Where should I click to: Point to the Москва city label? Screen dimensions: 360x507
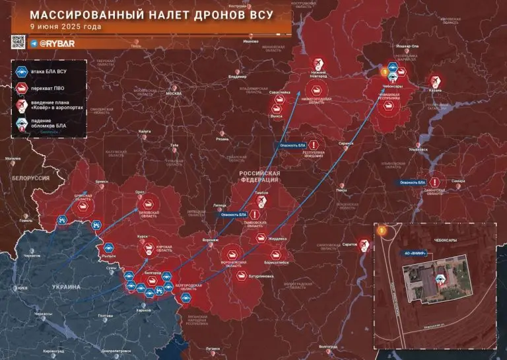174,93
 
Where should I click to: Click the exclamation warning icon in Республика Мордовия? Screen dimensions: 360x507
314,145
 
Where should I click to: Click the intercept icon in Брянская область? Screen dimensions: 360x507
83,205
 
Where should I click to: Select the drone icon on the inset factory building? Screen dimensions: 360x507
439,277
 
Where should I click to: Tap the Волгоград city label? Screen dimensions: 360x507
327,346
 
